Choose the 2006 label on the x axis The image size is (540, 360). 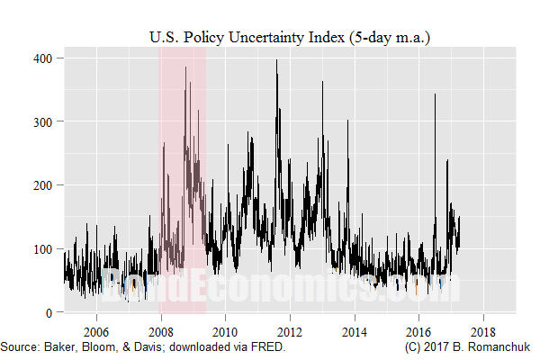pos(95,329)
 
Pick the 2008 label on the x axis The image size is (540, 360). pos(160,329)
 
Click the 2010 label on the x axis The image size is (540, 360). pos(225,329)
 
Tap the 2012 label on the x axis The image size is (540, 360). pos(290,329)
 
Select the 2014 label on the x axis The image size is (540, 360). pos(355,329)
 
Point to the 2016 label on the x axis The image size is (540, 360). pos(419,329)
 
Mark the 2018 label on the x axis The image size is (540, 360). pos(484,329)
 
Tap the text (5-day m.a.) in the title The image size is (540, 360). pos(377,37)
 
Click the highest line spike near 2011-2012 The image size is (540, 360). pos(276,61)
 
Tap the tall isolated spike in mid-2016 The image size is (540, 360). pos(435,94)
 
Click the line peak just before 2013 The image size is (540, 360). pos(321,82)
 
